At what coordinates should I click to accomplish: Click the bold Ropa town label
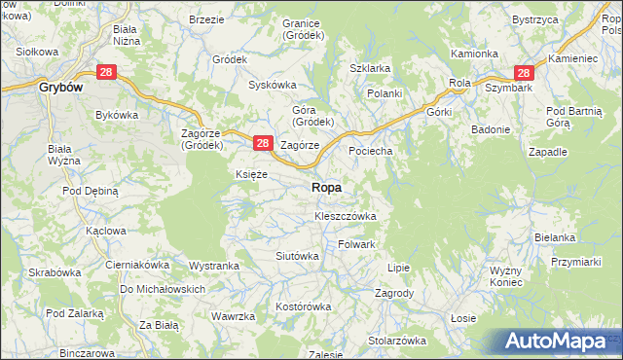coord(326,188)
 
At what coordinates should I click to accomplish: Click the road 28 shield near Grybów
coord(107,72)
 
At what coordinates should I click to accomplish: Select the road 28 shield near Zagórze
coord(262,143)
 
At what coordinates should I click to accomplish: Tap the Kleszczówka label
coord(339,215)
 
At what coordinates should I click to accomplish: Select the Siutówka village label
coord(298,256)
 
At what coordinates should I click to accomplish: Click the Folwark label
coord(356,244)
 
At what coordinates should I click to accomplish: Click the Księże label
coord(251,174)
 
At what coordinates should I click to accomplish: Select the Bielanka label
coord(555,237)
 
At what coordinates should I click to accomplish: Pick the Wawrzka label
coord(234,316)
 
